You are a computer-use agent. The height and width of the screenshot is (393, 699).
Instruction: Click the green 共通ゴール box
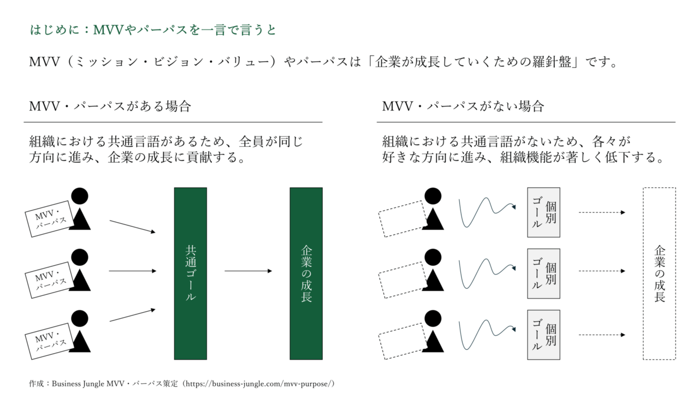[190, 273]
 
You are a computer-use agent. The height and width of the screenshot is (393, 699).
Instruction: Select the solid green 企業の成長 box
[306, 273]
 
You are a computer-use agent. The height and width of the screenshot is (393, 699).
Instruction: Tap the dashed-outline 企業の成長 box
[659, 273]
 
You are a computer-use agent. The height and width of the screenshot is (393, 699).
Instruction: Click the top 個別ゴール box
[543, 212]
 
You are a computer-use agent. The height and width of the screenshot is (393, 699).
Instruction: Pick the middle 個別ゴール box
[543, 273]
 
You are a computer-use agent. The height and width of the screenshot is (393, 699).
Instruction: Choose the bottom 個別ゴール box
[543, 335]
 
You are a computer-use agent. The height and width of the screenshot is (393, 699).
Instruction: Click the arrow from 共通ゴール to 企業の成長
[248, 271]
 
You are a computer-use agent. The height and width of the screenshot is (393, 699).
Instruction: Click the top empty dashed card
[404, 218]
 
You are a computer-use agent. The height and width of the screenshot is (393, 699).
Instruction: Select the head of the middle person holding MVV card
[80, 257]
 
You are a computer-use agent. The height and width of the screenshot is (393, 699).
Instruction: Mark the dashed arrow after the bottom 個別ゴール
[601, 335]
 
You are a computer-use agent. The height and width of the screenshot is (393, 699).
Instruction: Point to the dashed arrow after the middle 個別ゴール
[601, 271]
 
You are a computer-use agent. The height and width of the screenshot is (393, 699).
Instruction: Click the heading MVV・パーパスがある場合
[110, 106]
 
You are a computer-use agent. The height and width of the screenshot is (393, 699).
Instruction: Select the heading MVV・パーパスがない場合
[463, 106]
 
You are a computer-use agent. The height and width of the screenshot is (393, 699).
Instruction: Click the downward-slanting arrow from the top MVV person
[132, 227]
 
